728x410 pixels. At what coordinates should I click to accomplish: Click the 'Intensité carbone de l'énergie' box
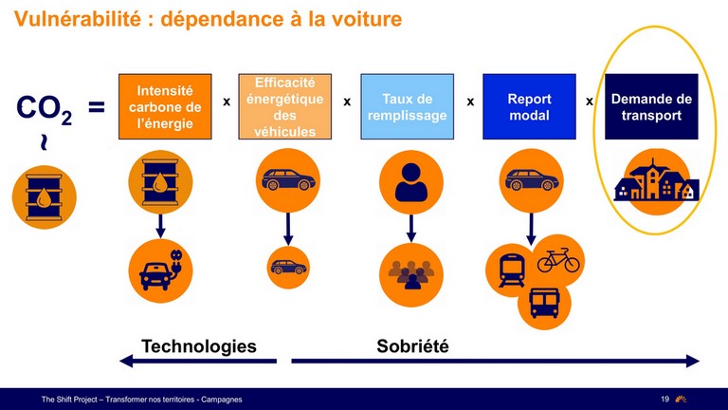pos(165,106)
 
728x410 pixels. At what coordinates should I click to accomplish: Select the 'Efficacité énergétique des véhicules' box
pos(284,106)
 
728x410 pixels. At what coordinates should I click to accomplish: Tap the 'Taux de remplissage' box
pos(408,106)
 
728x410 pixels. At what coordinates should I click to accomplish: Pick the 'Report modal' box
pos(529,106)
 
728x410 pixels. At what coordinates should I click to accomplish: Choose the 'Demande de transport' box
pos(651,106)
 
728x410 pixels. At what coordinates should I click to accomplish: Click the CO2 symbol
pos(45,109)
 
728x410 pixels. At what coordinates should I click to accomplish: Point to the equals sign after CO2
pos(97,107)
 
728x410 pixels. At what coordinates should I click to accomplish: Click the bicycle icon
pos(558,260)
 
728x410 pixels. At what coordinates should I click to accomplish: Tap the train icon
pos(512,270)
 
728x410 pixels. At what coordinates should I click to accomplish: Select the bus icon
pos(545,303)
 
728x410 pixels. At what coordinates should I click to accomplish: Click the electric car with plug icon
pos(160,271)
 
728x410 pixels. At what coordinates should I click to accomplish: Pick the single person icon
pos(410,182)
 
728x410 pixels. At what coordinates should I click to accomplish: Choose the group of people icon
pos(410,274)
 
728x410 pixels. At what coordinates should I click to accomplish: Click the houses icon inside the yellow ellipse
pos(656,181)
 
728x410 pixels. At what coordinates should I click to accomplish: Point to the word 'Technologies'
pos(199,346)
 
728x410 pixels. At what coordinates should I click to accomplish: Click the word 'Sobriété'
pos(412,346)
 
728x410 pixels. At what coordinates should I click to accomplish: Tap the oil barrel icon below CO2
pos(45,197)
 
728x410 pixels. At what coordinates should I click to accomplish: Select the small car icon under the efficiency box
pos(288,268)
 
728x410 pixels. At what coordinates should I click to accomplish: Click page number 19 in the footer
pos(664,399)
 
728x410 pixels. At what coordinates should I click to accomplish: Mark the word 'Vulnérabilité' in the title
pos(78,19)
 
